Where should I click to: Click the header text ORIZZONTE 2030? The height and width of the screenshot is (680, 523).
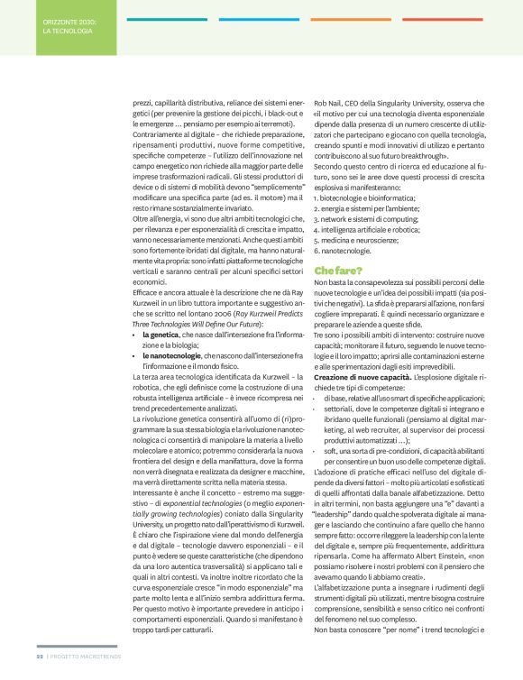coord(69,19)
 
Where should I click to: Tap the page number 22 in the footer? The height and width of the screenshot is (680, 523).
coord(40,669)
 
